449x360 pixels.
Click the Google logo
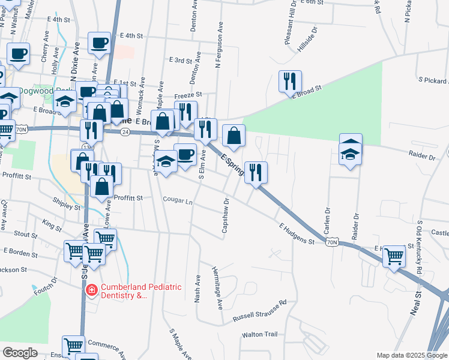click(20, 353)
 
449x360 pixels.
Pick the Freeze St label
click(188, 95)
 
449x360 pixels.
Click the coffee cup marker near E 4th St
click(99, 44)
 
